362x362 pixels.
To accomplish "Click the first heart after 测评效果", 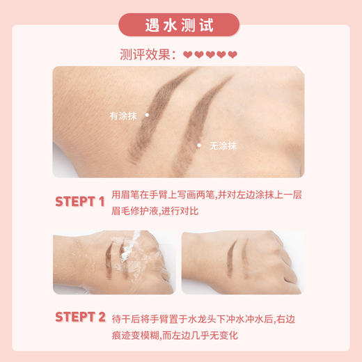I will click(187, 55).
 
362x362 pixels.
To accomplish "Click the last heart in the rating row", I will click(233, 55).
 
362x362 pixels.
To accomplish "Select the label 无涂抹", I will click(223, 145).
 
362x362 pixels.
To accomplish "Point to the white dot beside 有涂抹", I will click(147, 114).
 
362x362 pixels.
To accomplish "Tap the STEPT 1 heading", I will click(79, 202).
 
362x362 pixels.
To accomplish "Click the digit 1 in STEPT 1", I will click(101, 202).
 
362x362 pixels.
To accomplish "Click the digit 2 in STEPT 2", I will click(102, 317).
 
